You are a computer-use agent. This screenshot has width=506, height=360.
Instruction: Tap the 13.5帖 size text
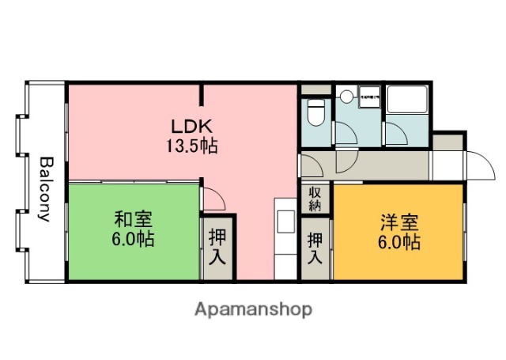191,146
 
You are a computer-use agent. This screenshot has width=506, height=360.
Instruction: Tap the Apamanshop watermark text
253,309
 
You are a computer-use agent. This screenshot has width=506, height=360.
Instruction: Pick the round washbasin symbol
345,97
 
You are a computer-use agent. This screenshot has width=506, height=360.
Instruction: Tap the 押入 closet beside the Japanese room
216,248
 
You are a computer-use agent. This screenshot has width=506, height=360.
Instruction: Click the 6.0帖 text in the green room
132,239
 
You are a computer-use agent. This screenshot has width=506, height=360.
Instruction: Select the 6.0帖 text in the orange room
398,242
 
